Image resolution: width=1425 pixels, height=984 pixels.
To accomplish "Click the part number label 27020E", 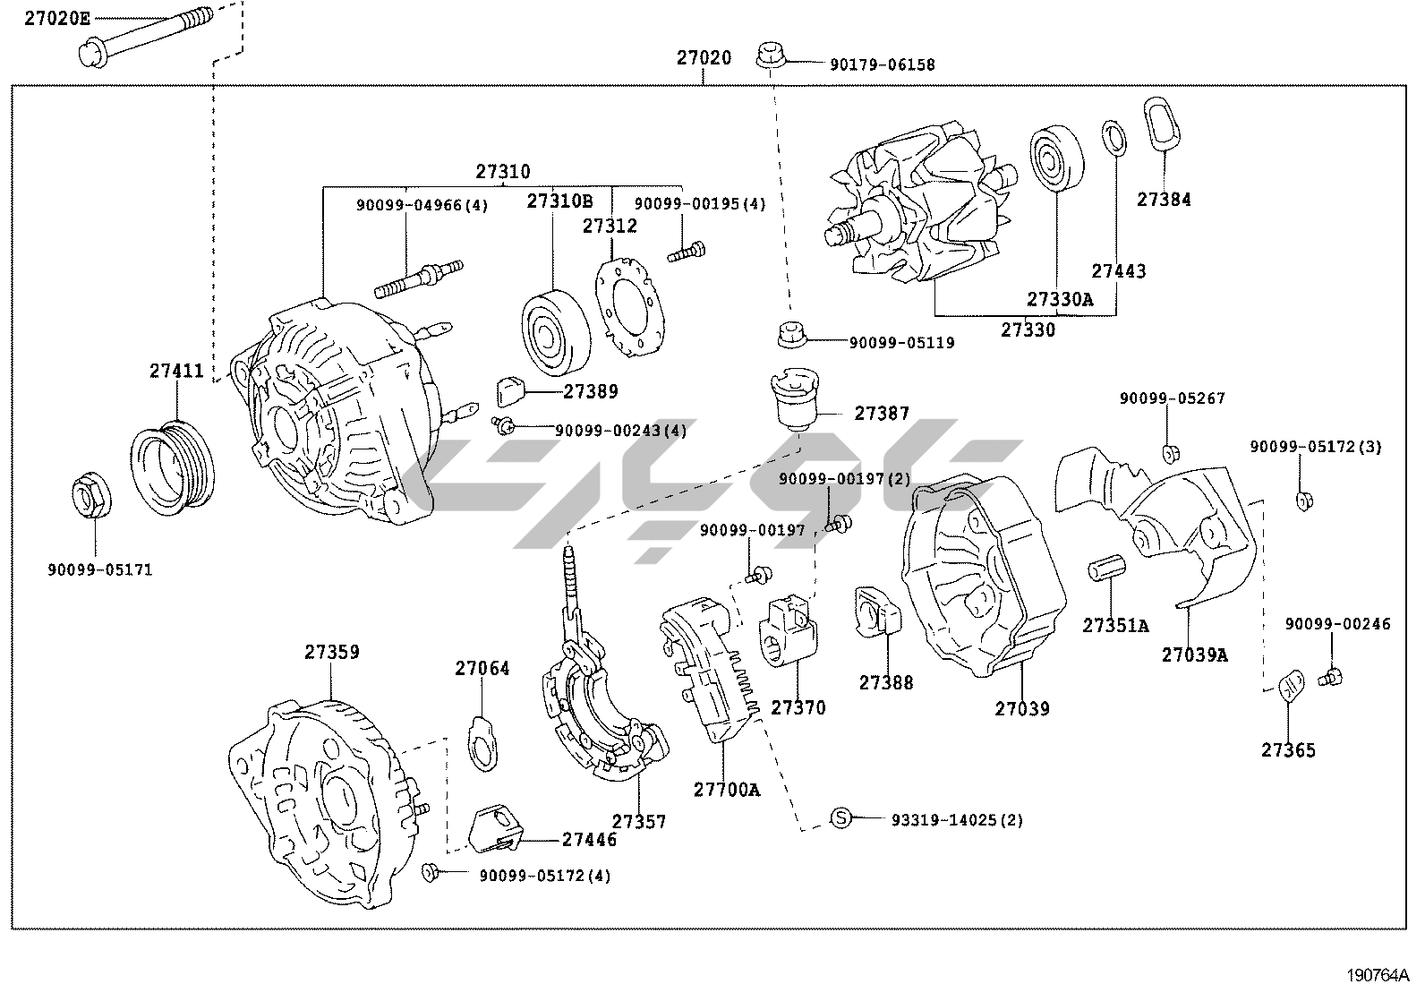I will (56, 18).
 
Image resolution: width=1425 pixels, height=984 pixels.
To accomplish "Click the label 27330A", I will (1059, 299).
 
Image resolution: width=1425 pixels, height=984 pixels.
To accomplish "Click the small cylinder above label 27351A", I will (1105, 570).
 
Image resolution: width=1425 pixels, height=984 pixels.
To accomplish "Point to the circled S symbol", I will (840, 817).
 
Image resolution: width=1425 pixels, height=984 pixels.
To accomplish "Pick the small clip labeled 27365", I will (1291, 685).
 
